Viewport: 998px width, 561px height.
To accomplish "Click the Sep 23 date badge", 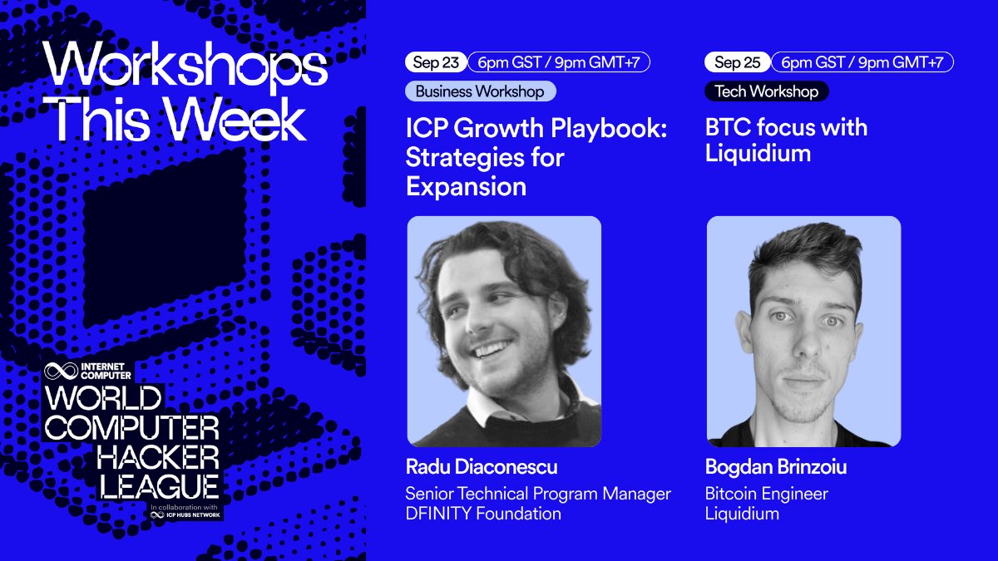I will [x=435, y=62].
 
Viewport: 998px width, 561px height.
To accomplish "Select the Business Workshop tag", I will [x=480, y=91].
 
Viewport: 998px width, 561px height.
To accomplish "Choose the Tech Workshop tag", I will [x=766, y=91].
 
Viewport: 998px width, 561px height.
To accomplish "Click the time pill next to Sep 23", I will [x=558, y=62].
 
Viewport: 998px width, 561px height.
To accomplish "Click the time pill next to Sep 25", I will [x=862, y=62].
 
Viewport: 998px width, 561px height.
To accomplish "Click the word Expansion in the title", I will [x=466, y=186].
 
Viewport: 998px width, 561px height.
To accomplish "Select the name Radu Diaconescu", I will [x=482, y=466].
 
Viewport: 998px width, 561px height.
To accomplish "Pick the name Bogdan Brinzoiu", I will [x=776, y=466].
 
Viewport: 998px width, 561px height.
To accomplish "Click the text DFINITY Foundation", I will [x=483, y=514].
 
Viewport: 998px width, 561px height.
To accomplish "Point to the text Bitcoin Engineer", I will [x=766, y=494].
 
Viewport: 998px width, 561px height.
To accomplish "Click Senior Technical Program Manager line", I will [x=537, y=494].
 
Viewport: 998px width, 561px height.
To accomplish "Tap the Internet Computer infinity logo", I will [x=61, y=371].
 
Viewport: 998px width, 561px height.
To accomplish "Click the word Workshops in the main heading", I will [x=185, y=68].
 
